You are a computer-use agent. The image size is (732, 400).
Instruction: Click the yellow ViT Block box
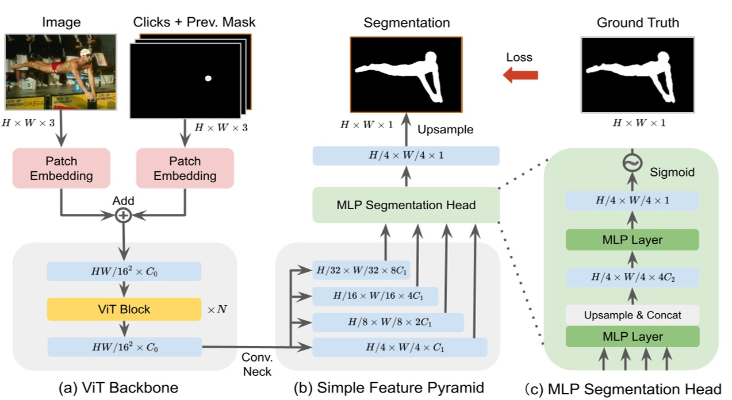[x=124, y=309]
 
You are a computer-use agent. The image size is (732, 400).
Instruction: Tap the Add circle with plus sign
[x=123, y=216]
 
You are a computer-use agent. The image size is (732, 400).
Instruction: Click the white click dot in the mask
[x=208, y=78]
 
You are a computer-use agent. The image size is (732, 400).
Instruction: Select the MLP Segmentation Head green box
[x=406, y=205]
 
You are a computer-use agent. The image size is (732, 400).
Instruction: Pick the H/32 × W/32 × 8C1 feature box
[x=361, y=270]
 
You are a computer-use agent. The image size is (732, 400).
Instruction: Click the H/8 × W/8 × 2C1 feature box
[x=388, y=322]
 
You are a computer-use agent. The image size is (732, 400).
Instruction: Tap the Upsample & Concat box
[x=632, y=315]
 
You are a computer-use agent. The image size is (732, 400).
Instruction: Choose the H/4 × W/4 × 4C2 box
[x=632, y=278]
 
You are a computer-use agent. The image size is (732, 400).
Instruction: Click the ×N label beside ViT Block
[x=217, y=309]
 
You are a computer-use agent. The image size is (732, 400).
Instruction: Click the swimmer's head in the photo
[x=85, y=53]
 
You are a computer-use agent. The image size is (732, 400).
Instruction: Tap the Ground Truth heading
[x=638, y=23]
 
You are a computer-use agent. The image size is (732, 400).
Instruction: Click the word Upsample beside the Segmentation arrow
[x=446, y=130]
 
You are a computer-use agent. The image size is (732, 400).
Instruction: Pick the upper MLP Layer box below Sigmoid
[x=632, y=240]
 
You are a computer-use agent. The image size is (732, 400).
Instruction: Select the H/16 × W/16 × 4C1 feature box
[x=374, y=297]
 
